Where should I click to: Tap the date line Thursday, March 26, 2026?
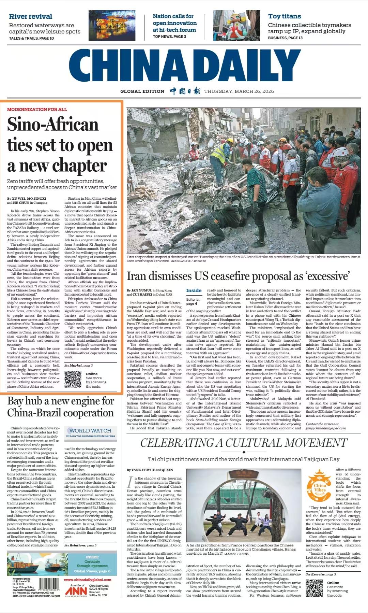pos(239,91)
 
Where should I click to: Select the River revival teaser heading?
pos(30,16)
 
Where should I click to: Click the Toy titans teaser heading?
pos(284,16)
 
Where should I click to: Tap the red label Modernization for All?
pos(37,109)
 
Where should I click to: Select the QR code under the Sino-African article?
pos(73,379)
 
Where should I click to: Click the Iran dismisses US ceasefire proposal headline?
pos(239,276)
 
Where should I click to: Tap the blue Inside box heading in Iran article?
pos(194,290)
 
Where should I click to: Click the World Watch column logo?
pos(90,430)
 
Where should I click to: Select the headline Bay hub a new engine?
pos(61,407)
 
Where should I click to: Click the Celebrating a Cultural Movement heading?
pos(244,443)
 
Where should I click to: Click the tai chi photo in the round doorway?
pos(243,505)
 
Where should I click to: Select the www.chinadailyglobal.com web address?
pos(87,580)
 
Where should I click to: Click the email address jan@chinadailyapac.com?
pos(325,428)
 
